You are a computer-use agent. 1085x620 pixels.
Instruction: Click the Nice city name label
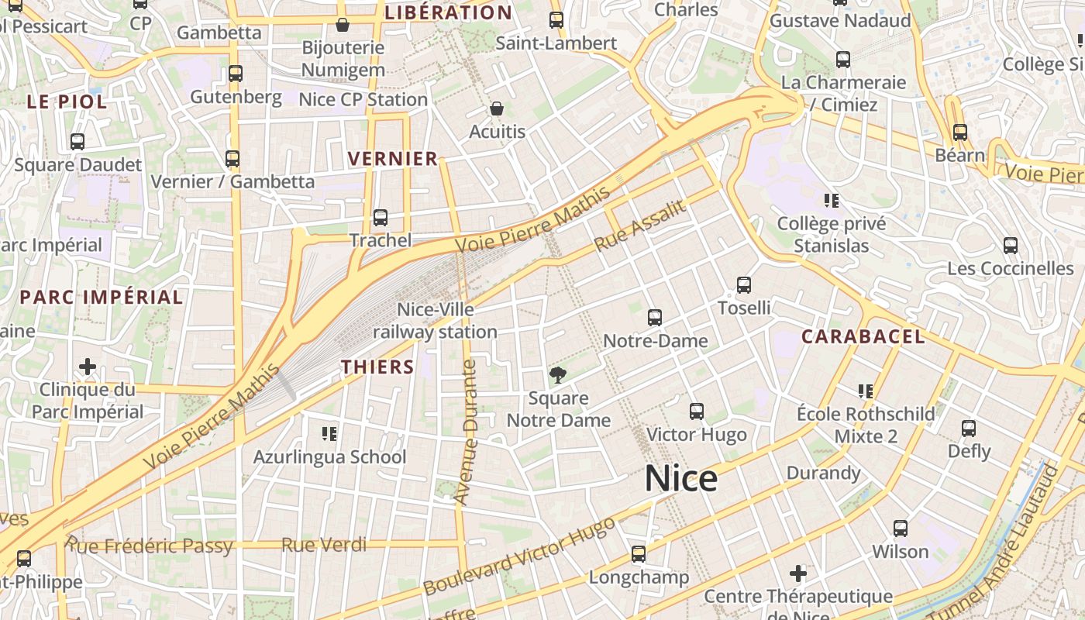pos(681,479)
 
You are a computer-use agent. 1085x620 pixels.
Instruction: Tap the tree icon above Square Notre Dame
pos(557,376)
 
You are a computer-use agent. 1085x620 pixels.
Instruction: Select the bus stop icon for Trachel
pos(380,218)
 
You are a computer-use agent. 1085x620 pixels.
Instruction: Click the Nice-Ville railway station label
pos(435,320)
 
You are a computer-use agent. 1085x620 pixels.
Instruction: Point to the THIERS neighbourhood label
pos(378,367)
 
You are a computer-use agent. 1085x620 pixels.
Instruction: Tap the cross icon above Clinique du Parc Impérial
pos(88,366)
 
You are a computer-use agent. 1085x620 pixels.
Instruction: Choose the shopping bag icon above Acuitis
pos(497,108)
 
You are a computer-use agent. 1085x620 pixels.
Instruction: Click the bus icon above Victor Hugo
pos(697,412)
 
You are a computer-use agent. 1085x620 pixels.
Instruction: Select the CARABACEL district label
pos(863,336)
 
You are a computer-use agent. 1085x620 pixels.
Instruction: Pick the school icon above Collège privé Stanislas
pos(832,201)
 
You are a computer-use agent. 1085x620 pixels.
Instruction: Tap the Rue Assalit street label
pos(640,225)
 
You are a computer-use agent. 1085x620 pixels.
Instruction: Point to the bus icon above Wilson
pos(900,529)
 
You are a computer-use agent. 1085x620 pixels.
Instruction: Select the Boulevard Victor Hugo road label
pos(519,556)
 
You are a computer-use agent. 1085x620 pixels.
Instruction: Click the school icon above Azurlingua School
pos(329,434)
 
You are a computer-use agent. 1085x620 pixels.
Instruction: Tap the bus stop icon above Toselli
pos(744,285)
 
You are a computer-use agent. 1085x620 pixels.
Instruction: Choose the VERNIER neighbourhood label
pos(393,159)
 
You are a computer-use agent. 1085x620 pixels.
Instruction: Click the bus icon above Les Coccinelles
pos(1010,246)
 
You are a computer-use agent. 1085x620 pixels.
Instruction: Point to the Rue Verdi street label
pos(324,545)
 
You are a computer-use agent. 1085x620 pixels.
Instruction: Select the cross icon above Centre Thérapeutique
pos(798,573)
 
